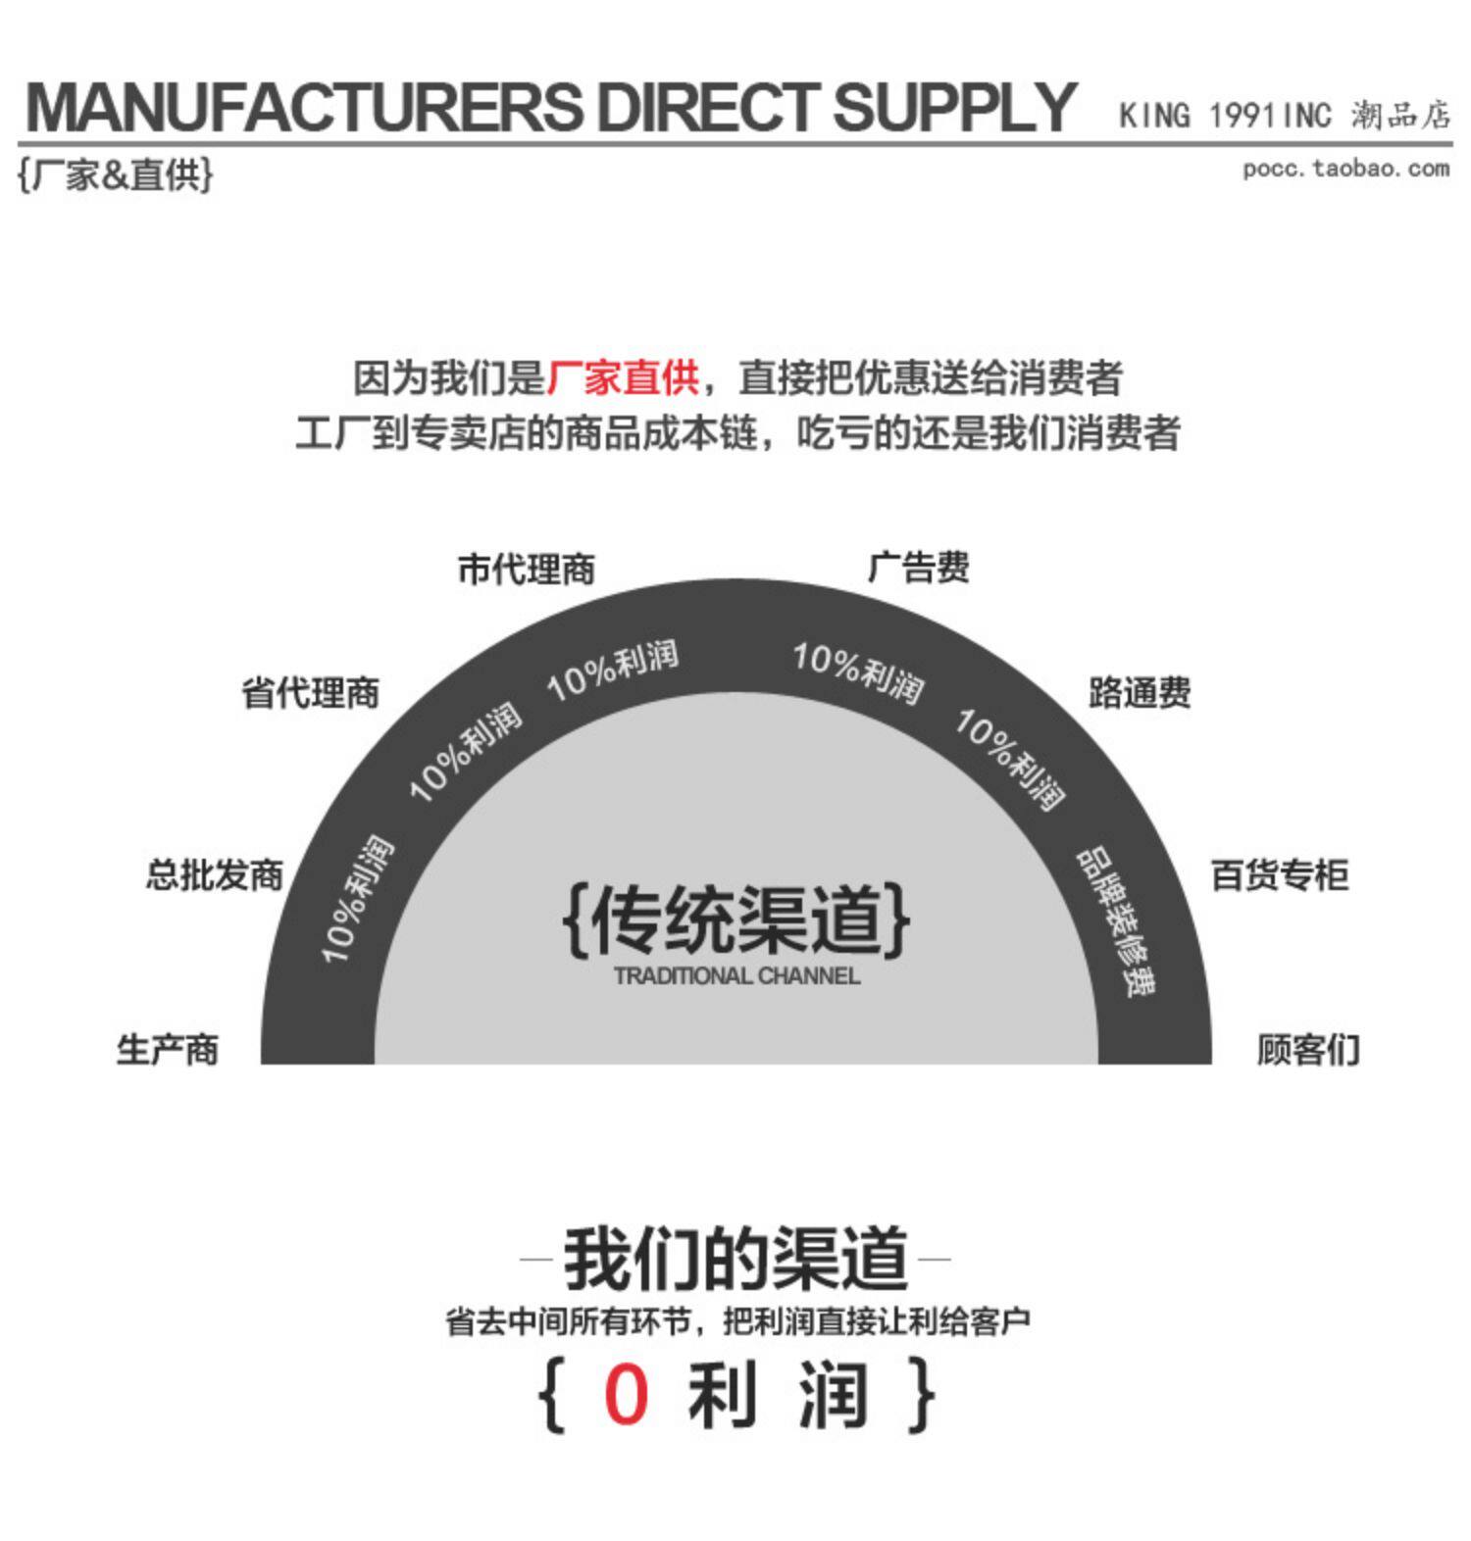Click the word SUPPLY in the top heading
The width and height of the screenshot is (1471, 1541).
tap(953, 108)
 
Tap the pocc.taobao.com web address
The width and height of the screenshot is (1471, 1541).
tap(1345, 169)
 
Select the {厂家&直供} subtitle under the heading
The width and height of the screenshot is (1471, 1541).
tap(115, 175)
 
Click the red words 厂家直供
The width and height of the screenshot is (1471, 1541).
tap(622, 378)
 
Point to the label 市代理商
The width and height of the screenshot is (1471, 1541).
tap(527, 570)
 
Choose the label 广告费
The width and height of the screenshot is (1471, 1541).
tap(919, 568)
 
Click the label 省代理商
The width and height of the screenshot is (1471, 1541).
tap(310, 693)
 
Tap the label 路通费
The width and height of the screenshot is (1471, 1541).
tap(1140, 693)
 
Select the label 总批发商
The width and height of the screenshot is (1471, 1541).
tap(215, 874)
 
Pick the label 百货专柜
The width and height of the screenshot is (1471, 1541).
tap(1280, 874)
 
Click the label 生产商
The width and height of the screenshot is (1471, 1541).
tap(168, 1050)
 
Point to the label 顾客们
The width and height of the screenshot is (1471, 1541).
tap(1308, 1050)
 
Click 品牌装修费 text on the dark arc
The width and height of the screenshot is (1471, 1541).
tap(1118, 921)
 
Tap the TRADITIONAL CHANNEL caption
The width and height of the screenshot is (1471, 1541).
tap(736, 976)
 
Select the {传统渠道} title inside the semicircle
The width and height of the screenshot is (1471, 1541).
tap(736, 920)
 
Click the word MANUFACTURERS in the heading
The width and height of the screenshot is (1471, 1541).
tap(304, 108)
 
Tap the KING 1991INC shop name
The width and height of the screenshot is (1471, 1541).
tap(1225, 116)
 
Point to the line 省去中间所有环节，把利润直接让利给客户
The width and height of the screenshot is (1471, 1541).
tap(737, 1322)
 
